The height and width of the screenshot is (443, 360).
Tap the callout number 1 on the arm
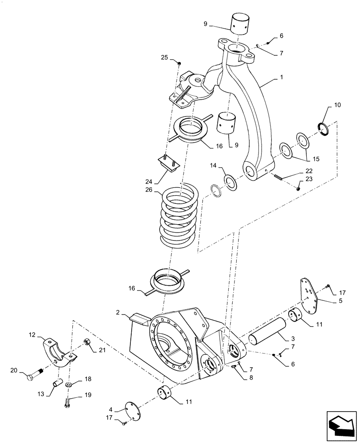pos(281,77)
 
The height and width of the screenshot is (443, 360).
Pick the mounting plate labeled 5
pos(309,293)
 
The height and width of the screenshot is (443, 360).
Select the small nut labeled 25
pos(178,64)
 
